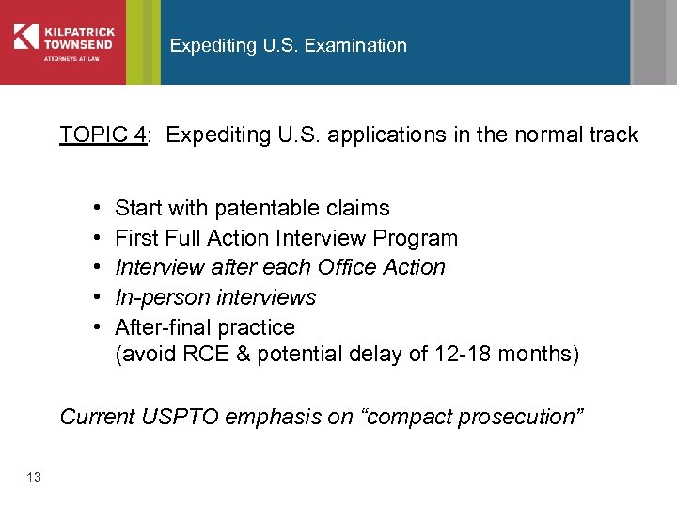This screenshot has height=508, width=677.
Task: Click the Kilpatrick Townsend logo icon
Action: (x=26, y=36)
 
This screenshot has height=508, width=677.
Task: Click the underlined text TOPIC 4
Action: (x=102, y=135)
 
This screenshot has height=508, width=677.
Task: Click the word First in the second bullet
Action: (x=134, y=238)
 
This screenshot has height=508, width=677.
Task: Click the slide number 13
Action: (x=34, y=478)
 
